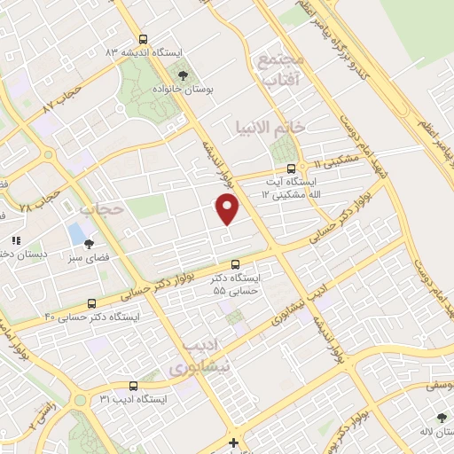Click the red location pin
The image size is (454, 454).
click(x=228, y=208)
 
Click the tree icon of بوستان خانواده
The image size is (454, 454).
click(x=183, y=76)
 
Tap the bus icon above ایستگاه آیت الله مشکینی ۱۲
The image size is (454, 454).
click(x=291, y=168)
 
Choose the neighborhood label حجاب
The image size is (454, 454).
click(x=100, y=210)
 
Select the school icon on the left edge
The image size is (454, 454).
click(x=14, y=240)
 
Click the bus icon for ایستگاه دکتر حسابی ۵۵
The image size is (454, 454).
click(x=235, y=264)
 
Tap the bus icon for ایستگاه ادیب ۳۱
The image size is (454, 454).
click(x=133, y=386)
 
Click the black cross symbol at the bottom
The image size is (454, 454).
click(x=233, y=442)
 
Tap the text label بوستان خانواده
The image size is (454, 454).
click(x=183, y=90)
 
